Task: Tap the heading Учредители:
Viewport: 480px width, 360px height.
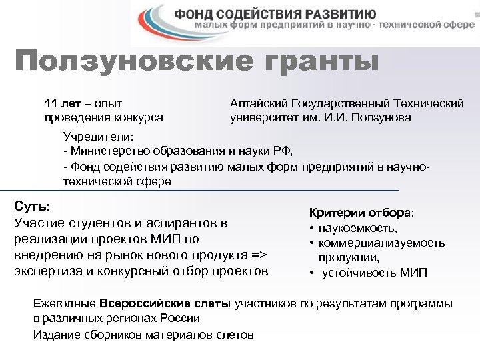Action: tap(98, 136)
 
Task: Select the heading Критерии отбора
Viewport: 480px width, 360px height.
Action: tap(360, 213)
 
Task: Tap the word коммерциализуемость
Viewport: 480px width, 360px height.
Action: tap(381, 243)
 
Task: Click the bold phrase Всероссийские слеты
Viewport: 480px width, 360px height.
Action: tap(164, 304)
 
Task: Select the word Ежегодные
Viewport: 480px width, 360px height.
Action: tap(64, 304)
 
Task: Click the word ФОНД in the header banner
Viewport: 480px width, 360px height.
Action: tap(199, 14)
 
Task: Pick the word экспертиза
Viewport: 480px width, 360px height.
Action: tap(43, 271)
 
